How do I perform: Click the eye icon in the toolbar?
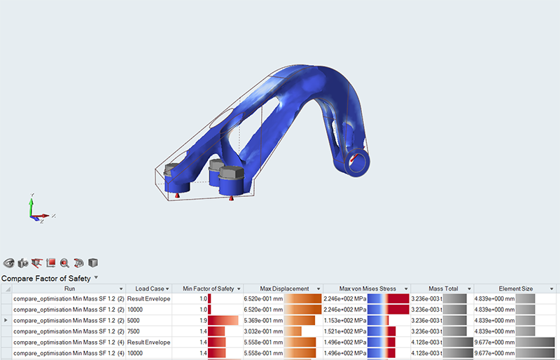pos(8,263)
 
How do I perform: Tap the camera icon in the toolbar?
pos(23,263)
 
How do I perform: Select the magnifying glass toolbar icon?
pos(64,263)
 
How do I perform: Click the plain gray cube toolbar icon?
pos(93,263)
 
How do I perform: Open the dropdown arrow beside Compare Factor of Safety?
pos(96,277)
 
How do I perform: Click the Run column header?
pos(69,289)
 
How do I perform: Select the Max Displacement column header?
pos(284,289)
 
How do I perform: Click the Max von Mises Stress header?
pos(367,289)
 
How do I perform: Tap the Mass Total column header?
pos(443,289)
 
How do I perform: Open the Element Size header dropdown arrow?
pos(552,289)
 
